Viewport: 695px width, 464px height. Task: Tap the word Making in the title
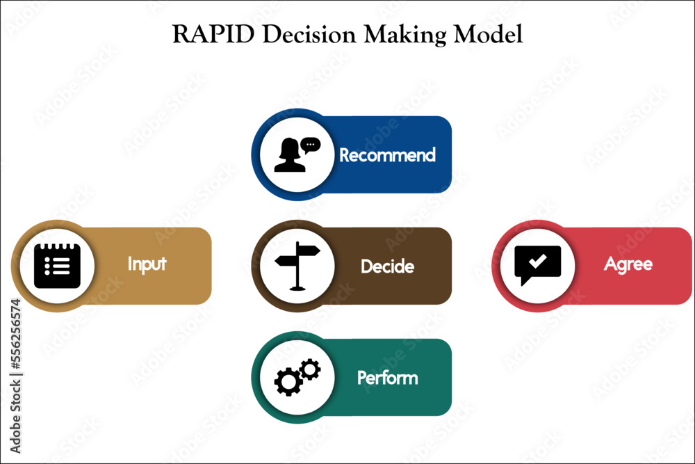click(384, 35)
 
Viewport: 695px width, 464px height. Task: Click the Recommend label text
click(387, 154)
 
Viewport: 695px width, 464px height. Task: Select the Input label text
click(147, 264)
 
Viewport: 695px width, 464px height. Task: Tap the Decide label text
click(387, 266)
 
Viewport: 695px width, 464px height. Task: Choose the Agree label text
click(628, 264)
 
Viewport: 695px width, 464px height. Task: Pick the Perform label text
click(387, 378)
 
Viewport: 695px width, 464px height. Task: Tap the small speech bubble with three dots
click(311, 145)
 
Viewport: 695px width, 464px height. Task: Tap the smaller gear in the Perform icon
click(310, 368)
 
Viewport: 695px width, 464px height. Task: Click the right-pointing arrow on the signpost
click(309, 250)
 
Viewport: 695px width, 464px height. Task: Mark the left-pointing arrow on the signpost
click(286, 262)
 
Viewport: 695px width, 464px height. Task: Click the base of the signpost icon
click(297, 287)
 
